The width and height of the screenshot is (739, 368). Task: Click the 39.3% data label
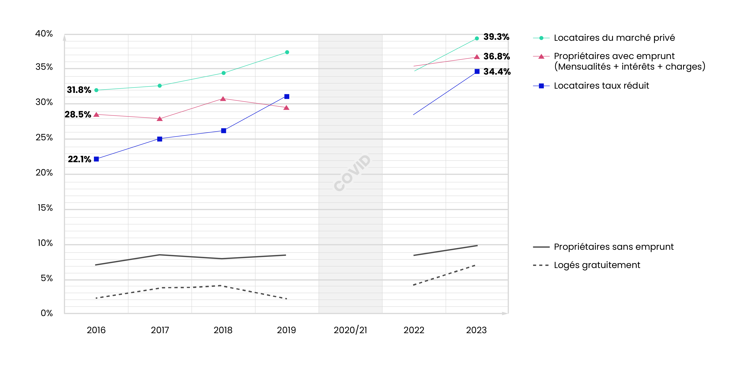click(496, 37)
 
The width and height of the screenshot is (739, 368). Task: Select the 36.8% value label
click(497, 57)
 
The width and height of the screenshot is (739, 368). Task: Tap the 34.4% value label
click(497, 72)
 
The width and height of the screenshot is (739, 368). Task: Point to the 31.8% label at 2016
click(79, 90)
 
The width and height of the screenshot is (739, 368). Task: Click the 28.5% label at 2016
click(78, 115)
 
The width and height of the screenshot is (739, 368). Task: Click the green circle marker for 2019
click(287, 52)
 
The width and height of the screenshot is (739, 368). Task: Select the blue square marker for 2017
click(160, 139)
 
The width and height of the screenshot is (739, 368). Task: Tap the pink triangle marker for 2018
click(223, 99)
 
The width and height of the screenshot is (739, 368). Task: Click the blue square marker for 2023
click(477, 72)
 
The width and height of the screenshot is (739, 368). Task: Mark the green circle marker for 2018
click(223, 73)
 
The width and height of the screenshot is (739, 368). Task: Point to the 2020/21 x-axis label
click(350, 330)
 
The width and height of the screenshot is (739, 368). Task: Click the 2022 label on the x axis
click(414, 330)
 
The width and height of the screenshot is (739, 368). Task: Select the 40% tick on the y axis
click(44, 34)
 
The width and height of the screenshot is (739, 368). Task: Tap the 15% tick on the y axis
click(45, 208)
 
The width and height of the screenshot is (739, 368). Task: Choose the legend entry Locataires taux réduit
click(601, 86)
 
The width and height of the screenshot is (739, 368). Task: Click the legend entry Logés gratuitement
click(597, 265)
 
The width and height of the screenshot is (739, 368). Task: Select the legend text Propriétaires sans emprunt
click(614, 247)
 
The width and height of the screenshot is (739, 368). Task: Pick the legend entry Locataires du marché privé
click(614, 38)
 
